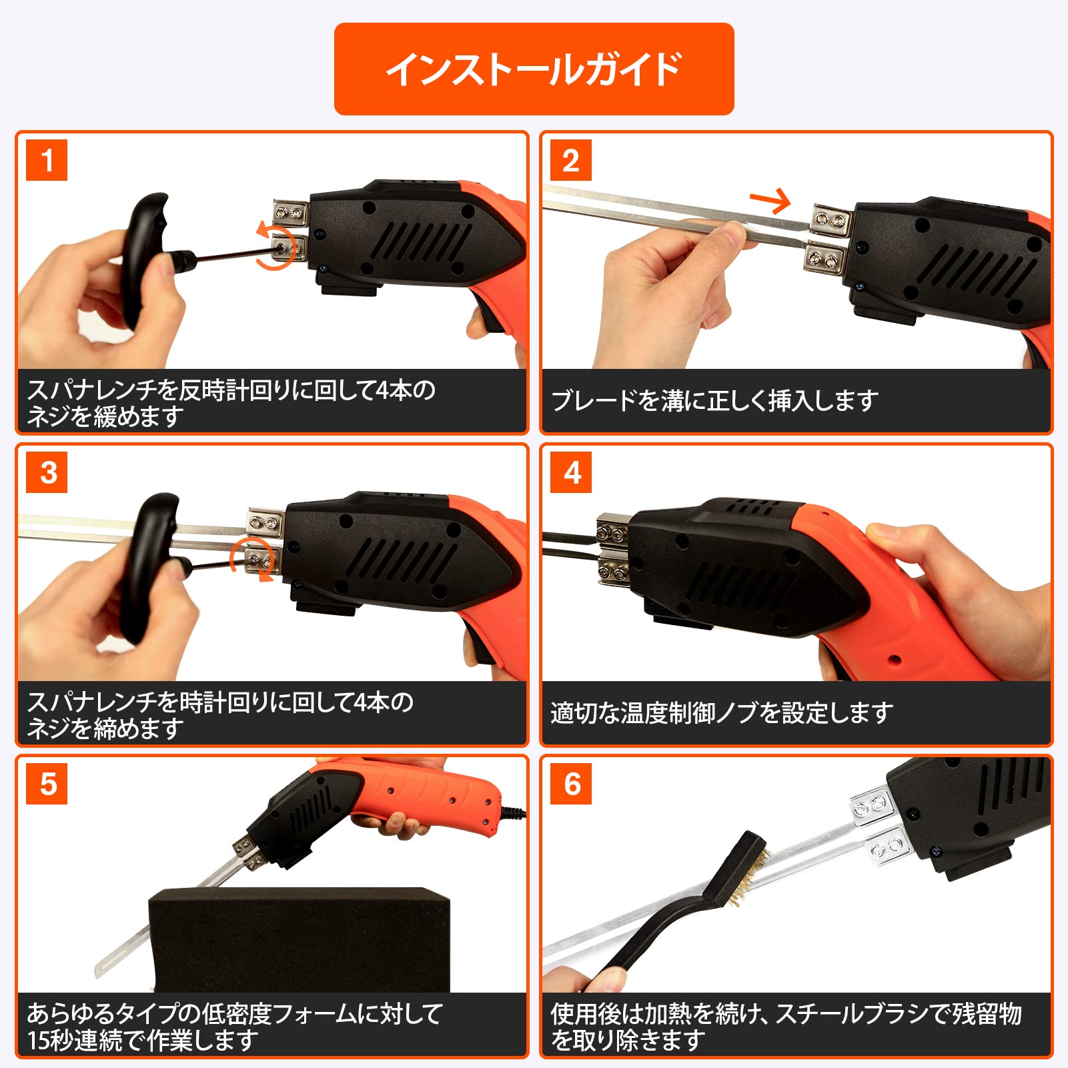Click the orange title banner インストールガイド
click(x=534, y=69)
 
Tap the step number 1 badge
click(x=47, y=160)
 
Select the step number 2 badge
click(x=571, y=160)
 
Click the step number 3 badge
click(x=47, y=472)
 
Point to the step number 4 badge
click(x=571, y=472)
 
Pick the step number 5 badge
click(x=47, y=784)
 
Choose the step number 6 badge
click(x=571, y=784)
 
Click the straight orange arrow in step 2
click(x=770, y=199)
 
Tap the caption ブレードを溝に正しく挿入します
click(x=714, y=401)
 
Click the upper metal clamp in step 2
click(x=831, y=219)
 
